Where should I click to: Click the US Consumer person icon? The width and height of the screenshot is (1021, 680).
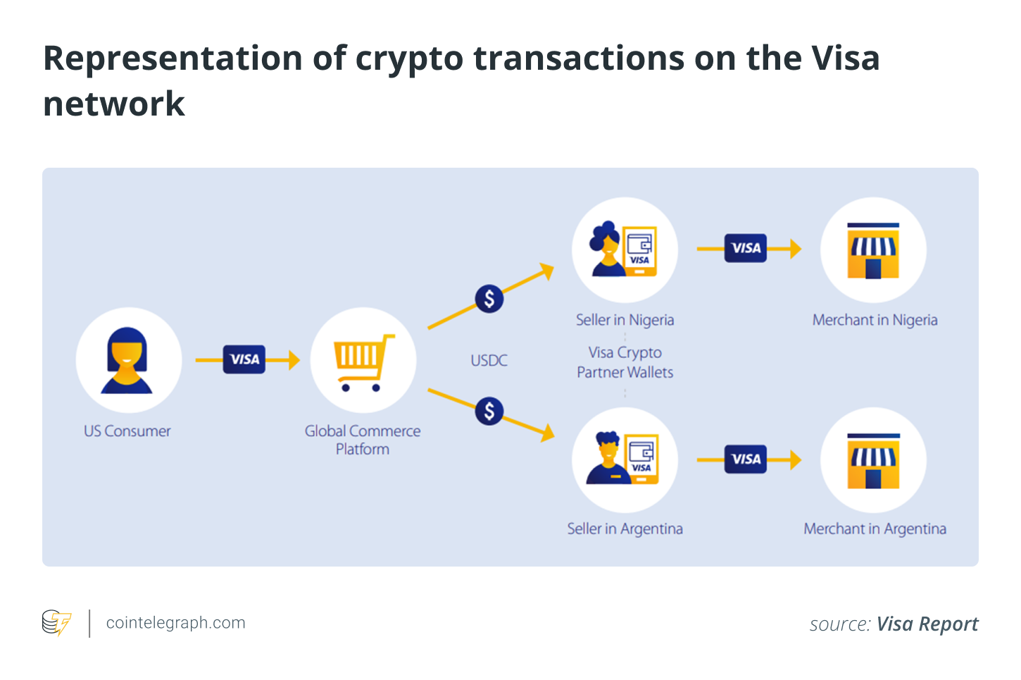click(127, 360)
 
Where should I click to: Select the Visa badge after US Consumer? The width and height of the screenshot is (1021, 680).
click(244, 359)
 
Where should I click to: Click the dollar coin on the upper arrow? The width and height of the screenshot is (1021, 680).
click(489, 299)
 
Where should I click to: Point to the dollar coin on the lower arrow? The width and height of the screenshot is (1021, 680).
click(489, 411)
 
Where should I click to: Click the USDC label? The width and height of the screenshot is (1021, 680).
click(489, 361)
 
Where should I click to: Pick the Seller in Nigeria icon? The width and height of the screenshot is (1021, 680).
click(625, 250)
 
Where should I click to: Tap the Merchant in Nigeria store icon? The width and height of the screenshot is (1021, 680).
click(873, 250)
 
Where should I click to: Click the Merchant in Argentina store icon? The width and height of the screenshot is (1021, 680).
click(873, 460)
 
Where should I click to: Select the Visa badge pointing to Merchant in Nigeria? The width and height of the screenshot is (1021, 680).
click(746, 248)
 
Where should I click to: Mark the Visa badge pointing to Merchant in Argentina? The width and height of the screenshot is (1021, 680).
click(746, 459)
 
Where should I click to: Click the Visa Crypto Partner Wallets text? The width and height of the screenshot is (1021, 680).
click(625, 362)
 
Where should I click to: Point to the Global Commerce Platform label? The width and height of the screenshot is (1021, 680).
click(363, 440)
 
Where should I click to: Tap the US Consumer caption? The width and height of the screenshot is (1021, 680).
click(127, 431)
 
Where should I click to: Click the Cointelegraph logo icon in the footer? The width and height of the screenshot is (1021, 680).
click(56, 623)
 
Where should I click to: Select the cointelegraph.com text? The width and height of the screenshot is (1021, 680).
click(175, 623)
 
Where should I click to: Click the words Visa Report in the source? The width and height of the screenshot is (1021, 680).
click(927, 624)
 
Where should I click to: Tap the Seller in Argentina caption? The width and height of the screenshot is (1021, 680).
click(625, 529)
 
